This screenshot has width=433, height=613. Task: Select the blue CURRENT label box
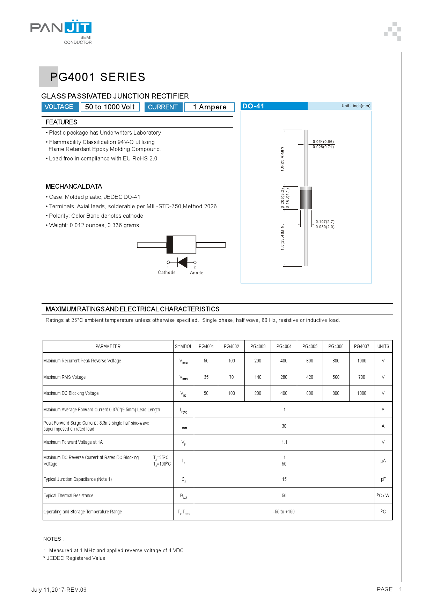[x=163, y=107]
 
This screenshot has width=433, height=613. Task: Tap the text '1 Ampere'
[x=210, y=107]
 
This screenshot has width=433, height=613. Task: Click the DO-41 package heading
[x=254, y=106]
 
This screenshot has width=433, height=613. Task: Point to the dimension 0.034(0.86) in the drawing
[x=323, y=142]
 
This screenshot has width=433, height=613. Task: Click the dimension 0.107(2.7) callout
[x=325, y=222]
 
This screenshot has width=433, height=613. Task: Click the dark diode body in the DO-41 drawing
[x=306, y=198]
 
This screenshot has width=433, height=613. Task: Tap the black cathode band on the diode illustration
[x=170, y=245]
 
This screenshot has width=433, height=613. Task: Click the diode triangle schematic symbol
[x=182, y=262]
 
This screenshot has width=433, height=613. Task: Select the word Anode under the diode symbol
[x=197, y=273]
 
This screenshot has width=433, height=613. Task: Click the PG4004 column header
[x=284, y=346]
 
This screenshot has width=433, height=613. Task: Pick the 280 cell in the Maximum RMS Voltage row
[x=284, y=377]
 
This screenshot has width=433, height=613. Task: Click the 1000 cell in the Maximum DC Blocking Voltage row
[x=361, y=393]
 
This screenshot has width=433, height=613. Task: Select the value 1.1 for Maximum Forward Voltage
[x=284, y=442]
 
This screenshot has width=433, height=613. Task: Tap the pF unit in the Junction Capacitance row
[x=383, y=479]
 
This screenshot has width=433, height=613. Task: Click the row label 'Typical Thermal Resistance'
[x=68, y=496]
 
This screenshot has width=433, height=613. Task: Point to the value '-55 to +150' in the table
[x=284, y=512]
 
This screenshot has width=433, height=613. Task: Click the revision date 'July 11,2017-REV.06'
[x=59, y=590]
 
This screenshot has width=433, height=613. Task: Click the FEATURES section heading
[x=61, y=122]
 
